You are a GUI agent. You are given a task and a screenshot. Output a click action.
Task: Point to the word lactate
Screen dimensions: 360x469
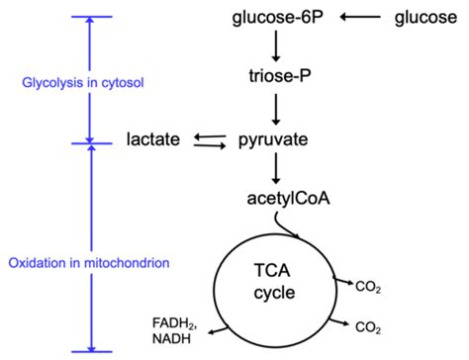tap(152, 139)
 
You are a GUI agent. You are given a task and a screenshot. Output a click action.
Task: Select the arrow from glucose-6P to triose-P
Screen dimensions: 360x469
tap(277, 46)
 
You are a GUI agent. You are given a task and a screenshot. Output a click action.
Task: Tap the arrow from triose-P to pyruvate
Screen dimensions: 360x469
tap(277, 107)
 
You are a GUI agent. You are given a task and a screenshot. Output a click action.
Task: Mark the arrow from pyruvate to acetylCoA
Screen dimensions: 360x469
tap(277, 170)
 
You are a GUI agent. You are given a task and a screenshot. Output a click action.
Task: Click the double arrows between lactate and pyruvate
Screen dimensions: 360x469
tap(209, 140)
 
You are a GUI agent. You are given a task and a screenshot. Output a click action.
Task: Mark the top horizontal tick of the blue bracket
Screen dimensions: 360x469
tap(89, 18)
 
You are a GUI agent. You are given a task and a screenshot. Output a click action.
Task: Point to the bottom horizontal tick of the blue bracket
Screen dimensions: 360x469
tap(89, 351)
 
